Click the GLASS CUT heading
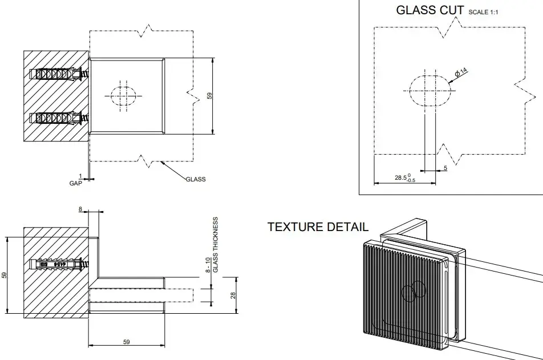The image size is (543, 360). click(x=429, y=10)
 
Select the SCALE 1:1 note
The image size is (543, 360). click(x=483, y=11)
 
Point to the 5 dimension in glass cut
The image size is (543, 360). click(x=445, y=168)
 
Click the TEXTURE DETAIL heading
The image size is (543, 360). click(x=318, y=227)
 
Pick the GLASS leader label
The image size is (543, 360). click(x=196, y=179)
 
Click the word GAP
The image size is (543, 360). click(x=75, y=183)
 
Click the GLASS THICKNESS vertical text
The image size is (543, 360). click(x=216, y=244)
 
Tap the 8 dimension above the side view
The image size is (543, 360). click(x=80, y=209)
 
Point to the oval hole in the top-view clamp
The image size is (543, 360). click(x=121, y=95)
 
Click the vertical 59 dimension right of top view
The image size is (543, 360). click(x=210, y=95)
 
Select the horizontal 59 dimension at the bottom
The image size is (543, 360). click(x=127, y=342)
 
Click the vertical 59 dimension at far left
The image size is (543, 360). click(x=5, y=274)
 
